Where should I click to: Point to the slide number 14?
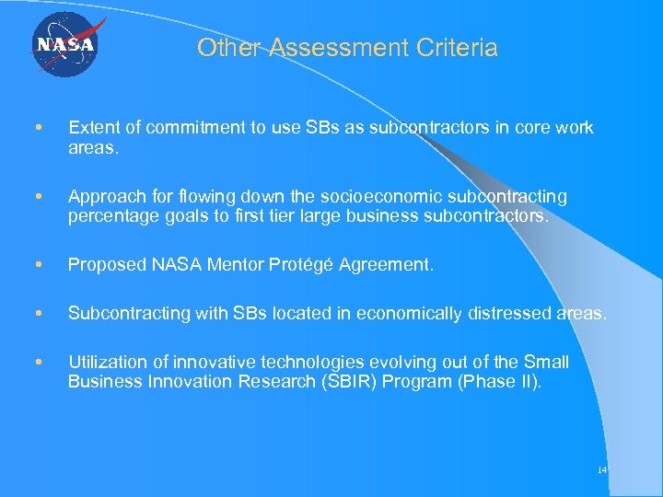602,469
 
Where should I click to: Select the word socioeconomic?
378,197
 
